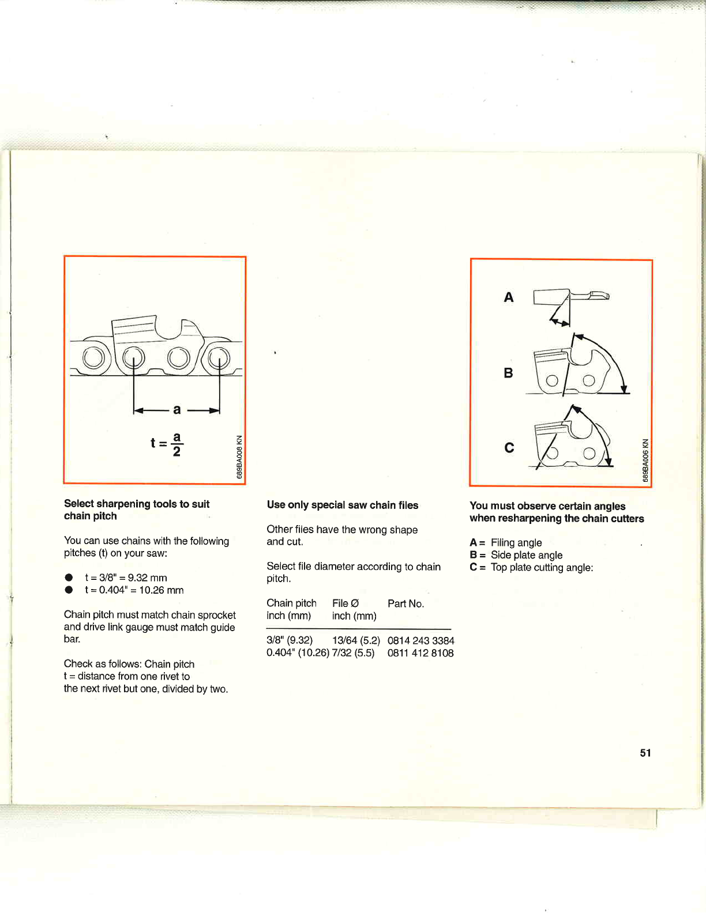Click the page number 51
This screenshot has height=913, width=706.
(645, 753)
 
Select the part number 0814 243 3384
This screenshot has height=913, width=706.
(420, 640)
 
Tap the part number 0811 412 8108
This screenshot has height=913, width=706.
(420, 653)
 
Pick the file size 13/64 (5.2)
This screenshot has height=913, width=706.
(356, 640)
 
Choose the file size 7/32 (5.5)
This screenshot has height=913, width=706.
(353, 653)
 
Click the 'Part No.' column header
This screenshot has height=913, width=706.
(405, 603)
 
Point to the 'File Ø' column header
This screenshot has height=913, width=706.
(345, 603)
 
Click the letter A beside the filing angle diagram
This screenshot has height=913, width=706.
(508, 297)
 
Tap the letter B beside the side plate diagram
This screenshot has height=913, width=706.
(508, 373)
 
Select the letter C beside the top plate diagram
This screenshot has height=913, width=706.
(509, 448)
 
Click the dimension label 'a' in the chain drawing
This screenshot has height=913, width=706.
(176, 409)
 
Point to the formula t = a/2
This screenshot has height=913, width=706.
(167, 443)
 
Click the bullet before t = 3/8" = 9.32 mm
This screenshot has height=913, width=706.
(69, 578)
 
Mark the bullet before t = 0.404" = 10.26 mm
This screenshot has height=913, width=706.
(69, 590)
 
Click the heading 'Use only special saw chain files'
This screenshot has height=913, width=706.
(343, 505)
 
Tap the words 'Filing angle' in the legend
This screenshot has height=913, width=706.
(516, 542)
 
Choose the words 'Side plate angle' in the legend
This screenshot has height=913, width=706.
(527, 555)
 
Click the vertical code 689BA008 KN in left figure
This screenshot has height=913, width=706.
(239, 456)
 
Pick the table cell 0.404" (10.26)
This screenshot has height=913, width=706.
(298, 653)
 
